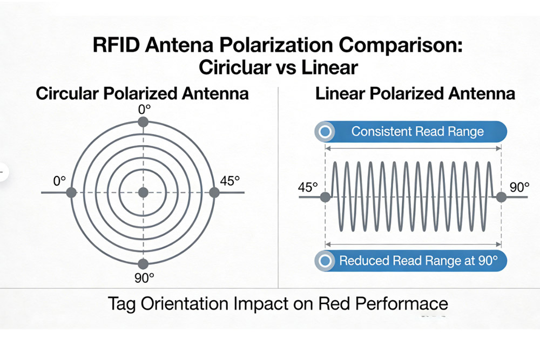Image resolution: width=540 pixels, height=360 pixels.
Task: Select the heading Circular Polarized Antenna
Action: point(143,93)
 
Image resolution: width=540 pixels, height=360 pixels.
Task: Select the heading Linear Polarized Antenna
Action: point(415,93)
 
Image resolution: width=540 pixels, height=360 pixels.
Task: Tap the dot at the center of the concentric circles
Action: point(143,193)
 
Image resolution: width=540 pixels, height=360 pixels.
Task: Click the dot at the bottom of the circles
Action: point(143,263)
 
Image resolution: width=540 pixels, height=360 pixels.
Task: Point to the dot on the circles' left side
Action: point(73,193)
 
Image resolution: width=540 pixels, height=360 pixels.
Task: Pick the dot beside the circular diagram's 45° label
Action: point(213,193)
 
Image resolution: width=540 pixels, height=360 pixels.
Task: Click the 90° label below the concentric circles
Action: point(143,279)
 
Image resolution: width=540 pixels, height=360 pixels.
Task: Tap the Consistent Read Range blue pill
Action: point(410,132)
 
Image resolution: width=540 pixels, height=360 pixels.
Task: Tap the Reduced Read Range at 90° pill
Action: point(410,261)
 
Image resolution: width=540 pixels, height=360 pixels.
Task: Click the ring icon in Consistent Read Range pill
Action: point(325,132)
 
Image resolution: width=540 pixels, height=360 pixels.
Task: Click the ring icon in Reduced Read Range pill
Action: point(325,261)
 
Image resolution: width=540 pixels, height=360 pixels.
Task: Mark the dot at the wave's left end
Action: point(325,198)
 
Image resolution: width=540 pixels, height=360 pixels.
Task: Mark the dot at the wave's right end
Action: point(501,198)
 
